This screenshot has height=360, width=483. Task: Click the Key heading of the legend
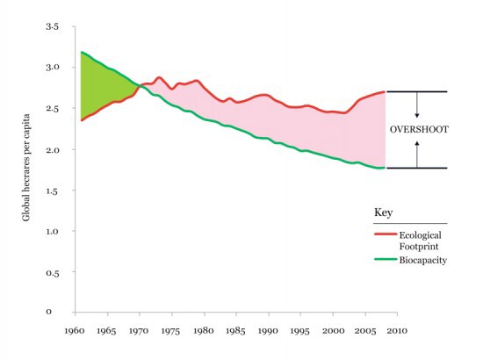click(382, 213)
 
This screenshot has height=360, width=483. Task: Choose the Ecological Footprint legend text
click(419, 241)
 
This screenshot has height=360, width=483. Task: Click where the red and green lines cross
click(139, 85)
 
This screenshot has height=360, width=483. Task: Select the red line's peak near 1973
click(159, 77)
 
